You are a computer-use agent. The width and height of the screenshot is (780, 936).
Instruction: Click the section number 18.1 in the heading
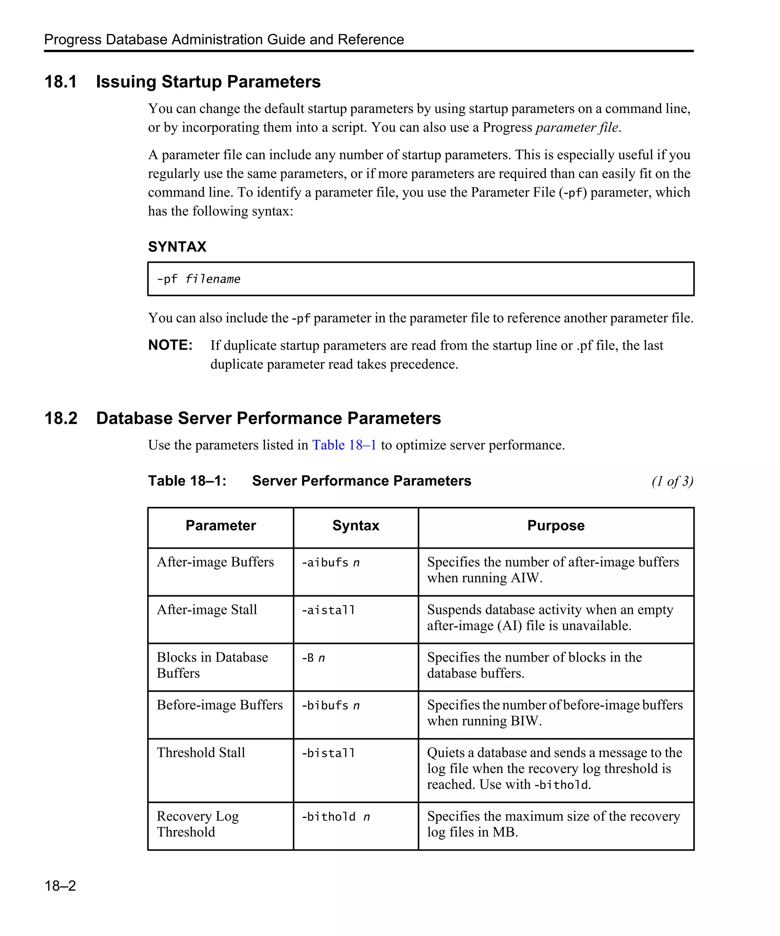(x=61, y=82)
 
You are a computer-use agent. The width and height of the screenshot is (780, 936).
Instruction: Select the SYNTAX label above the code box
(x=177, y=247)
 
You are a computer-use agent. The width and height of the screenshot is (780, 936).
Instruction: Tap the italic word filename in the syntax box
(x=213, y=280)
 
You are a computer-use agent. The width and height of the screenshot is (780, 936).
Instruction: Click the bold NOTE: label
(x=170, y=345)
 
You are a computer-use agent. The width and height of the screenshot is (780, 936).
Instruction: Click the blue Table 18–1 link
(x=344, y=445)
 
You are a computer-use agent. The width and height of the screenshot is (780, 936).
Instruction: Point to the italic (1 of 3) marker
(x=672, y=481)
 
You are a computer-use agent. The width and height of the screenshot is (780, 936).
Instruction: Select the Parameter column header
(x=221, y=526)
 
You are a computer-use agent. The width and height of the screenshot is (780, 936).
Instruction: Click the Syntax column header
(x=355, y=526)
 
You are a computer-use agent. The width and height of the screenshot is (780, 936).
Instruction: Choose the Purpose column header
(x=555, y=526)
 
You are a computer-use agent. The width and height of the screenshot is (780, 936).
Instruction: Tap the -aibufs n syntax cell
(x=330, y=562)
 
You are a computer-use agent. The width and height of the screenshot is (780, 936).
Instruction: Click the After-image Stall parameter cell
(x=207, y=609)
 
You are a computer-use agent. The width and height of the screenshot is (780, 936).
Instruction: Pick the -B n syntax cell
(x=313, y=658)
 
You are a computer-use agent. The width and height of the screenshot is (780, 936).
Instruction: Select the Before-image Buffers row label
(x=220, y=705)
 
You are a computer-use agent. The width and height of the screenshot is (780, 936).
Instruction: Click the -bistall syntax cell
(x=328, y=753)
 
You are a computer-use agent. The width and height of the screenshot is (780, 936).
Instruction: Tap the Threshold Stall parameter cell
(x=201, y=752)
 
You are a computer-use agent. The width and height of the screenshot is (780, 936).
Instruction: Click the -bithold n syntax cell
(x=335, y=816)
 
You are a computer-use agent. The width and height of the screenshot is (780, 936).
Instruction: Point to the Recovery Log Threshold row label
(x=197, y=824)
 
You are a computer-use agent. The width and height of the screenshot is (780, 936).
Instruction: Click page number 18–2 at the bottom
(x=60, y=885)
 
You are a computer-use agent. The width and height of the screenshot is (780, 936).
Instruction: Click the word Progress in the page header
(x=73, y=40)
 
